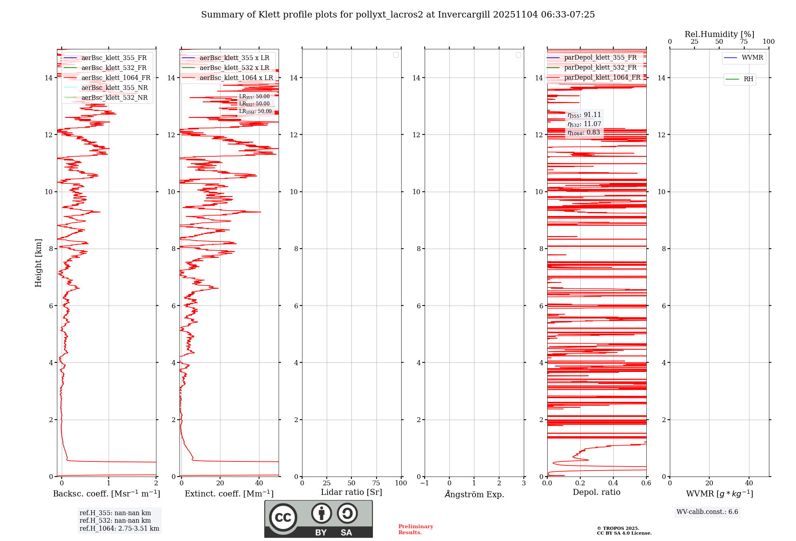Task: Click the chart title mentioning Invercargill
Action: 398,15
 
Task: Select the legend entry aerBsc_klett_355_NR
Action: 114,88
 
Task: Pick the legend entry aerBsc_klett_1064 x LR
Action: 236,78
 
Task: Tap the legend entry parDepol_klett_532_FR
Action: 600,68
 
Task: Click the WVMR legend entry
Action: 752,58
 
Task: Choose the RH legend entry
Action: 748,79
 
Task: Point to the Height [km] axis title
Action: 38,263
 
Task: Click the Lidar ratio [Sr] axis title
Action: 351,492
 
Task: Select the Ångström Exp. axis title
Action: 474,494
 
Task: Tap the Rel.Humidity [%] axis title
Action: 719,34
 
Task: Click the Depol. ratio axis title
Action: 596,492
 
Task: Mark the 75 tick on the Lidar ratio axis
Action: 376,483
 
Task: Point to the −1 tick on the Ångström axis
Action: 424,483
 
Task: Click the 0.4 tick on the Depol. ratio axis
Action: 613,483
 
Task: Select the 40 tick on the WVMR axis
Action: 749,483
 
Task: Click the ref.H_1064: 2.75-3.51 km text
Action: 119,528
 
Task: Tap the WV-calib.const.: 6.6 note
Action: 707,512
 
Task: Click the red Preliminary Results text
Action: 416,529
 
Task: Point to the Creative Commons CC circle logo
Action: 283,518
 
